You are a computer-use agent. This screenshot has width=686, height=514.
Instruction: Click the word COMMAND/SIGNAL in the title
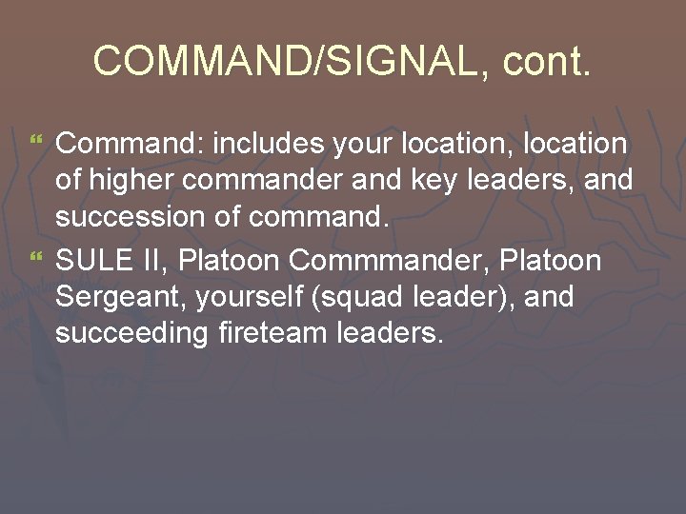tap(281, 61)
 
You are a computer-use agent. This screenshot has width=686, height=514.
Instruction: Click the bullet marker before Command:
tap(38, 143)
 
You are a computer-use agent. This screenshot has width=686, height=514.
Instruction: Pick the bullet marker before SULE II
tap(38, 258)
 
